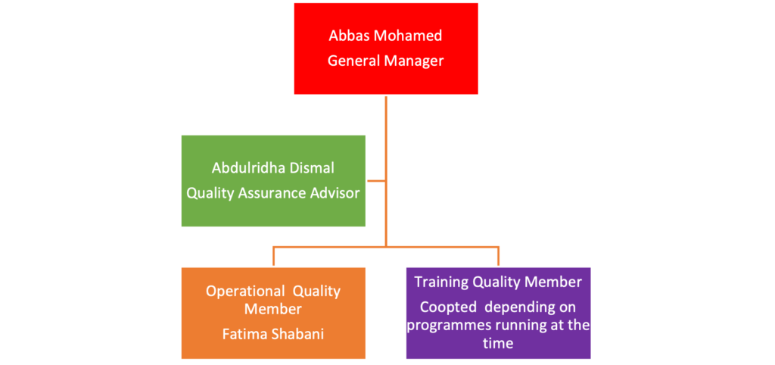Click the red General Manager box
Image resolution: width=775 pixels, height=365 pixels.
point(386,48)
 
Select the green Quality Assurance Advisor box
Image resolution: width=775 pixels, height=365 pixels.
point(273,181)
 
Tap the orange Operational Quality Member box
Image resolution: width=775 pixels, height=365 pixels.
point(273,313)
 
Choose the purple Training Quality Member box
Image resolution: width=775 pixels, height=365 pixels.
point(498,313)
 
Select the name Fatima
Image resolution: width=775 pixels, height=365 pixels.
point(244,334)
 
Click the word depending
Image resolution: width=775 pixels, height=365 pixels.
point(515,307)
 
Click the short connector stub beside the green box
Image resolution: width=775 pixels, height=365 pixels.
point(375,181)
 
